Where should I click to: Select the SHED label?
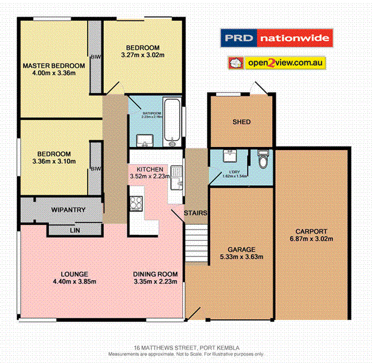pyautogui.click(x=241, y=122)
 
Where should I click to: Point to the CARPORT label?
pyautogui.click(x=311, y=231)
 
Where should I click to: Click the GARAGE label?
pyautogui.click(x=241, y=249)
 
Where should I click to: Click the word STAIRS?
pyautogui.click(x=197, y=213)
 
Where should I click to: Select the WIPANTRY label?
pyautogui.click(x=68, y=210)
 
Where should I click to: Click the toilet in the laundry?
pyautogui.click(x=261, y=159)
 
